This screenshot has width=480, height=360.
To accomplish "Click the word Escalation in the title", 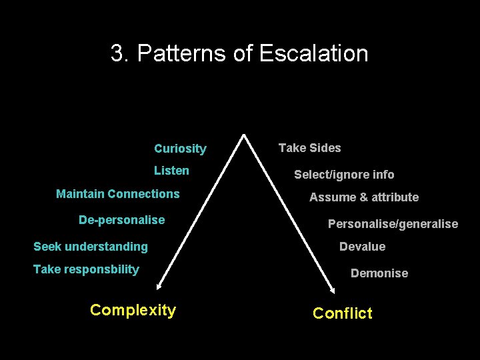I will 313,53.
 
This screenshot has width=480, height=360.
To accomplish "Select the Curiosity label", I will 180,149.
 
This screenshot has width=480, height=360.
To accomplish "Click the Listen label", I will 171,171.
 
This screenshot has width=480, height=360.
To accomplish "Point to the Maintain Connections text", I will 118,194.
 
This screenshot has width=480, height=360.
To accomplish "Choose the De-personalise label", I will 121,220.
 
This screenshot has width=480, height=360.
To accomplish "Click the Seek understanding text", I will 91,247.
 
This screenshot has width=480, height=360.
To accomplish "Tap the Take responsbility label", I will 86,269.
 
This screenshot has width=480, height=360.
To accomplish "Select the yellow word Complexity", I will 133,310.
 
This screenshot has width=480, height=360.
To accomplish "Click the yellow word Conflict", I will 343,313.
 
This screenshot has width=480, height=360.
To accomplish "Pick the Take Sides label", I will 309,148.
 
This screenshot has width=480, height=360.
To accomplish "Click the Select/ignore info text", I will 344,175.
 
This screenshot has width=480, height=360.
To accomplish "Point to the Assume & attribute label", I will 364,197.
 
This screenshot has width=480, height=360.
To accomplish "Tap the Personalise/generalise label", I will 393,224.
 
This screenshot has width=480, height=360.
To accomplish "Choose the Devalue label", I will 362,247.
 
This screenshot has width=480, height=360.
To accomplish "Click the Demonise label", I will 379,273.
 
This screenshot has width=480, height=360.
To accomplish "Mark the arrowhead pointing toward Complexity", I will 159,287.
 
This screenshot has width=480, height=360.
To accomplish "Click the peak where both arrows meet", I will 245,135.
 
